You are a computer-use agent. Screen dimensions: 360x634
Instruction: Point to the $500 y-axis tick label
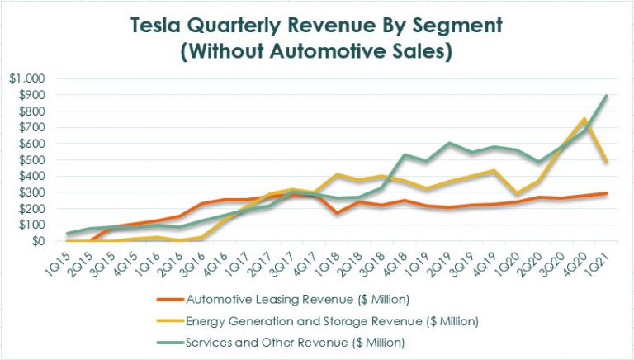tap(32, 160)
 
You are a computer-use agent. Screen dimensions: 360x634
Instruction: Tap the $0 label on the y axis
tap(37, 241)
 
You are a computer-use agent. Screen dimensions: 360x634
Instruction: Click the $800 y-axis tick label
tap(32, 111)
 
